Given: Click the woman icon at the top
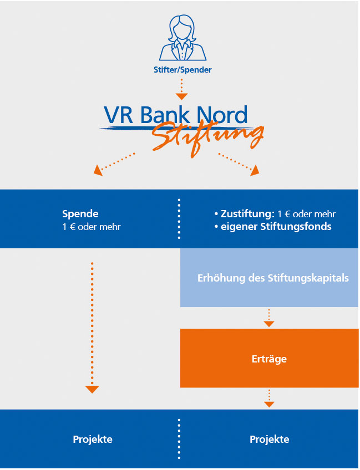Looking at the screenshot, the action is (182, 38).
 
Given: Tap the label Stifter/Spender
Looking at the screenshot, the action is (182, 70).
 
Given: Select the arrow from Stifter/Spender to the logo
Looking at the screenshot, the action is (181, 89).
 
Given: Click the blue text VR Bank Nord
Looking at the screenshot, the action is (176, 114).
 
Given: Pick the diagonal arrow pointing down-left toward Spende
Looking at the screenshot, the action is (114, 164).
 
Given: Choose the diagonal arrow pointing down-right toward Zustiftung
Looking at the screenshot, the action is (239, 164).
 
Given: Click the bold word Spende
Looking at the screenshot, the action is (80, 214).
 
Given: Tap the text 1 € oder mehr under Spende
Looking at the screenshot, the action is (91, 227).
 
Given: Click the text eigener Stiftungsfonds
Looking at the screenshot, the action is (276, 227).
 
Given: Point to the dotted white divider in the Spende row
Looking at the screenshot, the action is (179, 218).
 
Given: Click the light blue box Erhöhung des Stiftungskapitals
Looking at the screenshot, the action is (269, 278).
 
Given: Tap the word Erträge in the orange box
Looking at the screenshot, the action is (269, 359).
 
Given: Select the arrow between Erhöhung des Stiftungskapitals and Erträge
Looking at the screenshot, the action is (269, 318).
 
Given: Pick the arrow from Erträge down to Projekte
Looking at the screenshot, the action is (269, 399).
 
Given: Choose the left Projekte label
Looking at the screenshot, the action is (93, 439).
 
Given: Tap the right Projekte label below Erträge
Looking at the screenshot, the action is (270, 439).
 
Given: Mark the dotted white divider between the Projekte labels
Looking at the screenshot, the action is (179, 439).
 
